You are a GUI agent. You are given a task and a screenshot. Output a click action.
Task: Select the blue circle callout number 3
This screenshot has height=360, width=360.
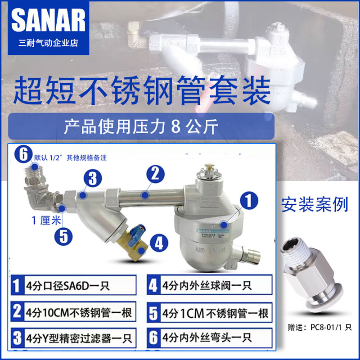pos(92,179)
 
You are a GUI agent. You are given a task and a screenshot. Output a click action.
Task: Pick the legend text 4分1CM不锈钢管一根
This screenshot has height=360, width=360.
pos(215,312)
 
